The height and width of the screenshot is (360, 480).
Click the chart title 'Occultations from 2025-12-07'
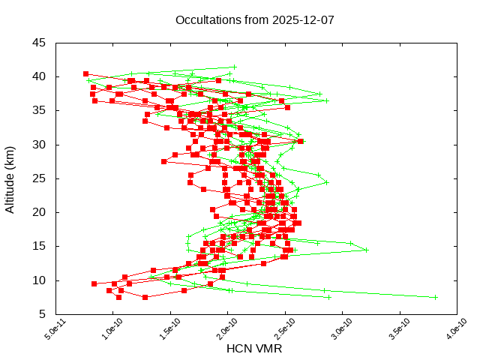click(254, 20)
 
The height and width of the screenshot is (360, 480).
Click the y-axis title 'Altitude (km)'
click(10, 178)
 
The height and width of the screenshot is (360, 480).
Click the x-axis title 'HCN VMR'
click(254, 349)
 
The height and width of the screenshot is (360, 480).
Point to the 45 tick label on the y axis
click(39, 43)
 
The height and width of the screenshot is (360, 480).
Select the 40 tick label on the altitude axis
click(39, 76)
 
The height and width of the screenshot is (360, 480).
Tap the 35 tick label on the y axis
click(39, 110)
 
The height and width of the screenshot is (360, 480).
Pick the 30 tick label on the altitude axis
click(39, 144)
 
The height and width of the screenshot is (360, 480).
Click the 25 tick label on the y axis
click(39, 178)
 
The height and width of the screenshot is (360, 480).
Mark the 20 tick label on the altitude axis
click(39, 212)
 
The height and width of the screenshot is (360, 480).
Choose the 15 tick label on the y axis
click(39, 246)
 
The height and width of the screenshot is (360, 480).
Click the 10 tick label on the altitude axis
click(39, 280)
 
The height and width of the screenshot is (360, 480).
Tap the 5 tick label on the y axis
click(42, 314)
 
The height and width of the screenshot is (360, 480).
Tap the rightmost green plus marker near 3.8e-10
click(434, 297)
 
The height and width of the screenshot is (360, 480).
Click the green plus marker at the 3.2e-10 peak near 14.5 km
click(366, 250)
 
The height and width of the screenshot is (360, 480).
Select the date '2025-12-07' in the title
click(304, 20)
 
